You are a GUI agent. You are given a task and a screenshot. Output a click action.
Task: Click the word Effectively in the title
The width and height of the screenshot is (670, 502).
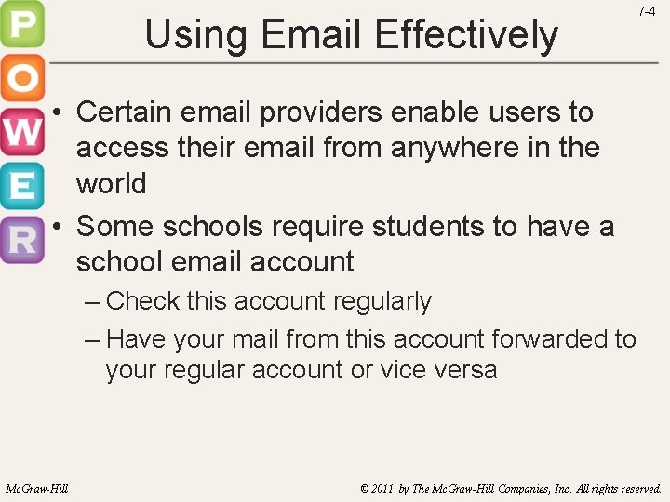click(x=467, y=34)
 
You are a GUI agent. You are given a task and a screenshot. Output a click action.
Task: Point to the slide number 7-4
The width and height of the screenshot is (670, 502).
click(x=646, y=12)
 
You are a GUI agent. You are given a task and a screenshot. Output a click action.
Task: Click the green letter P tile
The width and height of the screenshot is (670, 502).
click(x=21, y=25)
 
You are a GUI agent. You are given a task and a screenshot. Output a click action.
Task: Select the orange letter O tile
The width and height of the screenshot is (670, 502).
click(x=21, y=79)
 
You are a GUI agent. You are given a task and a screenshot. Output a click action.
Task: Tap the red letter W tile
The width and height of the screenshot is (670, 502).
click(x=21, y=133)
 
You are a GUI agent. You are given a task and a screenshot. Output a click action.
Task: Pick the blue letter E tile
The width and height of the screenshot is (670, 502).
click(x=21, y=186)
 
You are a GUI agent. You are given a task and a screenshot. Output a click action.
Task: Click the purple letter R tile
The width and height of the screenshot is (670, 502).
click(x=21, y=240)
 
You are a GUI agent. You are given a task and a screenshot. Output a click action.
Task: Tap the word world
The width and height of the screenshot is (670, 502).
click(x=111, y=183)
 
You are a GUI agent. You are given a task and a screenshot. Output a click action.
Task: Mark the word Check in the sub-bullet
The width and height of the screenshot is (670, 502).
click(x=142, y=301)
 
